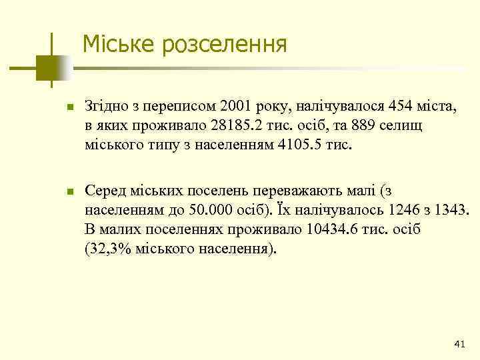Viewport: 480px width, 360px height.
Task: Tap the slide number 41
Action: (459, 343)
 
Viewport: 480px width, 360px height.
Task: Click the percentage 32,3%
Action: (110, 249)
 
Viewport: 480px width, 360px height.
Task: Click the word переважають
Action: (303, 192)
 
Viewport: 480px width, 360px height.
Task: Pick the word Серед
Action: (103, 192)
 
